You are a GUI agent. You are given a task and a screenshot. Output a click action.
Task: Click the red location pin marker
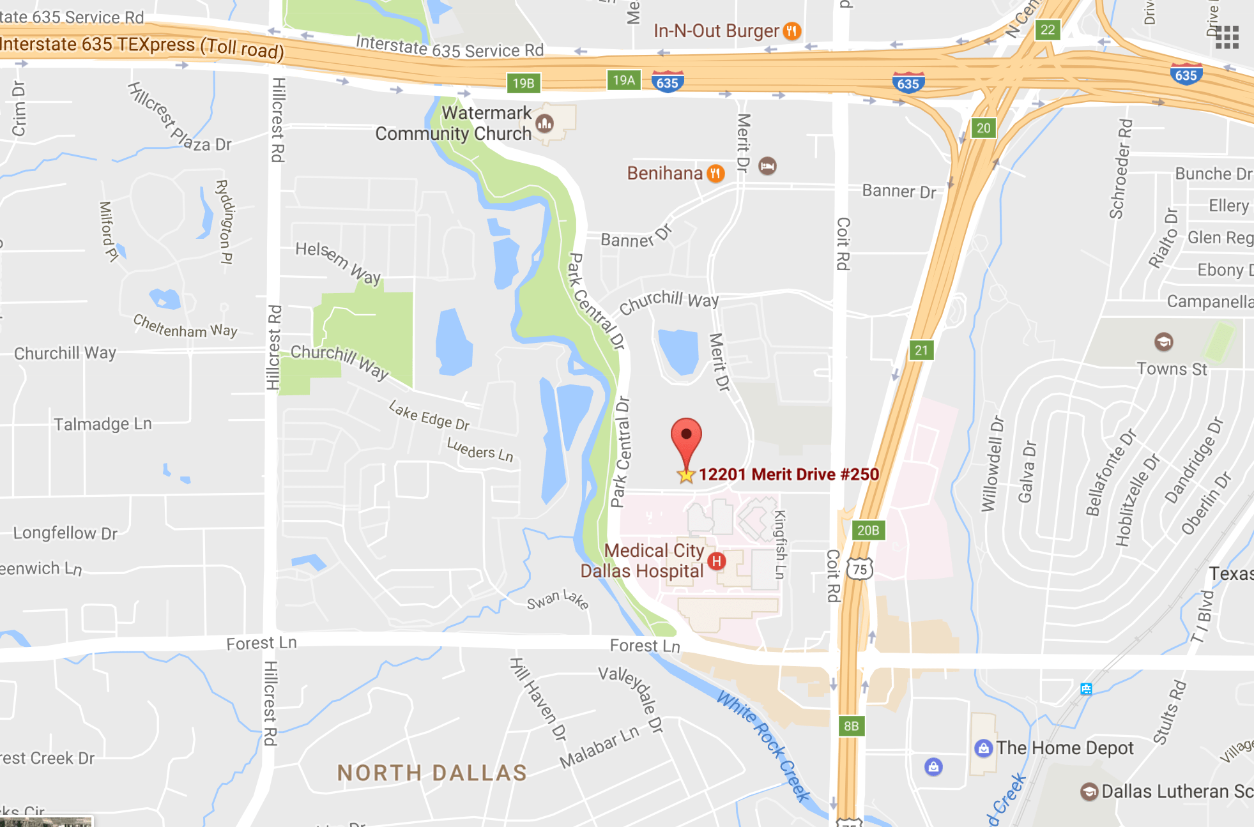click(x=686, y=438)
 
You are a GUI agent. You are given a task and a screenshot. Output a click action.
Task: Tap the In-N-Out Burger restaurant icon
click(x=792, y=31)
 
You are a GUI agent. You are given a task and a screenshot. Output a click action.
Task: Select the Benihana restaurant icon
click(x=715, y=173)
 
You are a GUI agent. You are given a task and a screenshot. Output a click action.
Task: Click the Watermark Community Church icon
click(x=544, y=123)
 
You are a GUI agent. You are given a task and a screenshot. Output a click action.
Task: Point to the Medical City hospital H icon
click(x=717, y=561)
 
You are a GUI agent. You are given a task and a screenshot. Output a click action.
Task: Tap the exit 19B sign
click(x=523, y=83)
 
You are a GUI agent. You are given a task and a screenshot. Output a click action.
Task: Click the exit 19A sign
click(x=623, y=80)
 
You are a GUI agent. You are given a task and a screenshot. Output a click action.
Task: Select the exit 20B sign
click(x=868, y=530)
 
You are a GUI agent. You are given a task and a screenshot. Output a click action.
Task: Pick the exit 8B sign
click(x=851, y=726)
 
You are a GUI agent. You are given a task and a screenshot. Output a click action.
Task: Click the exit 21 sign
click(x=921, y=350)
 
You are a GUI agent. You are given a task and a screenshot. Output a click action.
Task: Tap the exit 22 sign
click(x=1048, y=30)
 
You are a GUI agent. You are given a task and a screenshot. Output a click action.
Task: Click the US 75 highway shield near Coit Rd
click(x=860, y=569)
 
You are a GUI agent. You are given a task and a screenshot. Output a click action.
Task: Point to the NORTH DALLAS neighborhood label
click(x=432, y=773)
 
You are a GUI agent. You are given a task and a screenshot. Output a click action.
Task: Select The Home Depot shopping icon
click(x=983, y=748)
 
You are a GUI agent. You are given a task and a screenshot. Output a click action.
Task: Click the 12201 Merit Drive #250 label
click(x=788, y=474)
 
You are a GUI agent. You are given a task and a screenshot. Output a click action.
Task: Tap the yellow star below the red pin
click(x=686, y=475)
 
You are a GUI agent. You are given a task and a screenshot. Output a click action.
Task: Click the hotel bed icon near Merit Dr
click(x=767, y=167)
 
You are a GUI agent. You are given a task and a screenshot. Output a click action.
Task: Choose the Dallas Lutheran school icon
click(x=1089, y=792)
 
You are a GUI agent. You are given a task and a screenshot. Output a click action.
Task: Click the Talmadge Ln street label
click(x=103, y=424)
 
